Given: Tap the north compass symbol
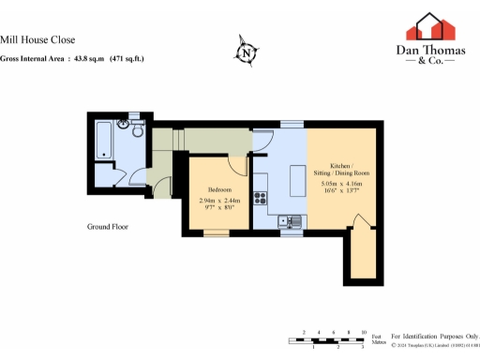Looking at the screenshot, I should point(246,53).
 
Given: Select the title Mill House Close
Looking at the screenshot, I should point(52,40).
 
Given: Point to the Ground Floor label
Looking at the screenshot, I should point(108,227).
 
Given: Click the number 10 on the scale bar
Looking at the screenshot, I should point(362,333).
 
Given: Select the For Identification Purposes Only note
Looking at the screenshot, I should point(433,334).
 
